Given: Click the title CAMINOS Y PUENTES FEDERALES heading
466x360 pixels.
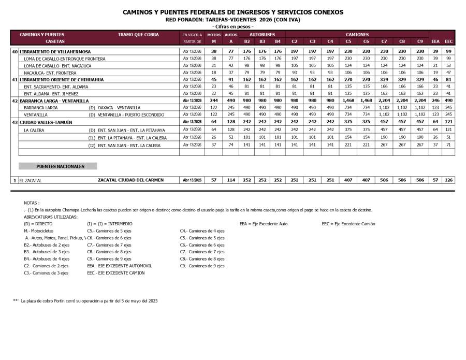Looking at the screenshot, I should click(232, 12).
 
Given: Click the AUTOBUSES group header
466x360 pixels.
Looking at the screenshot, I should click(263, 34).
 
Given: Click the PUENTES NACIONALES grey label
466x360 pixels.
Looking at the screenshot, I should click(60, 166).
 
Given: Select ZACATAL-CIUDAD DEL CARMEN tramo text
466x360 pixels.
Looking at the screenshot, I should click(130, 180).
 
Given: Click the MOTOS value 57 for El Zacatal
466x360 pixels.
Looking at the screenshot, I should click(213, 180).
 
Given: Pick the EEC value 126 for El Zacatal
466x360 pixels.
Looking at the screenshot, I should click(448, 180).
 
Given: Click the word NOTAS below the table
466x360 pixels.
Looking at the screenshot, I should click(32, 203).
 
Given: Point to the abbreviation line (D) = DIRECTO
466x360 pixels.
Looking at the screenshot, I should click(38, 224).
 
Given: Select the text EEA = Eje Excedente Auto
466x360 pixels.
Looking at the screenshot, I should click(264, 224).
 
